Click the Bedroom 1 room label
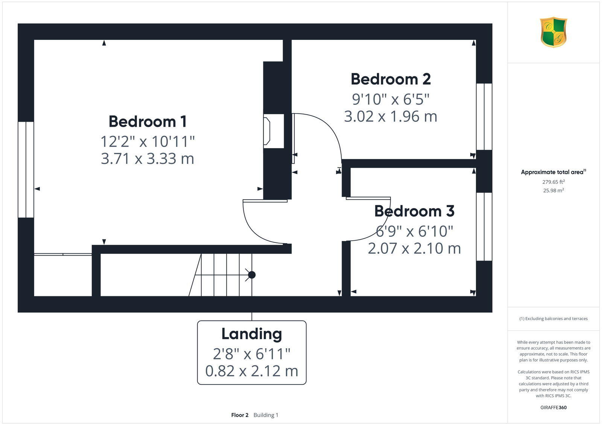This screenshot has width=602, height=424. (x=147, y=121)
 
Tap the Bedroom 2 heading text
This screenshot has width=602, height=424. (x=391, y=79)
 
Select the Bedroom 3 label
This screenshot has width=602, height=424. (x=414, y=211)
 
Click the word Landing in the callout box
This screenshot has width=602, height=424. (x=251, y=334)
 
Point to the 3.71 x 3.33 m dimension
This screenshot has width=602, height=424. (x=147, y=158)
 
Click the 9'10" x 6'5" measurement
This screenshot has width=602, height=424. (x=391, y=99)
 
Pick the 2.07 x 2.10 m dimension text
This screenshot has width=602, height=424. (x=414, y=248)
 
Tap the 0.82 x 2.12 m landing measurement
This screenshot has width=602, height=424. (x=251, y=371)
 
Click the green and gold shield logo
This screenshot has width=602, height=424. (x=553, y=32)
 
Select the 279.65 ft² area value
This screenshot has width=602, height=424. (x=553, y=182)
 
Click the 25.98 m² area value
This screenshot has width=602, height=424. (x=553, y=191)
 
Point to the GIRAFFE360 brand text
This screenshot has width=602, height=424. (x=553, y=407)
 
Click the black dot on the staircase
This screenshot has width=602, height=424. (x=252, y=275)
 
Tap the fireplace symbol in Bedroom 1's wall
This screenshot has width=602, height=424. (x=268, y=131)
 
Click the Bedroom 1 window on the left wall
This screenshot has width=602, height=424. (x=26, y=170)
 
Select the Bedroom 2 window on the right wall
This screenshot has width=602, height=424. (x=484, y=117)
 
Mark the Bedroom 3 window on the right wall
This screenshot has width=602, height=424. (x=484, y=227)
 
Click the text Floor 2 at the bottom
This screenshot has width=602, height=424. (x=240, y=415)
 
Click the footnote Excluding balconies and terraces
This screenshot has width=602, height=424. (x=553, y=319)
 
